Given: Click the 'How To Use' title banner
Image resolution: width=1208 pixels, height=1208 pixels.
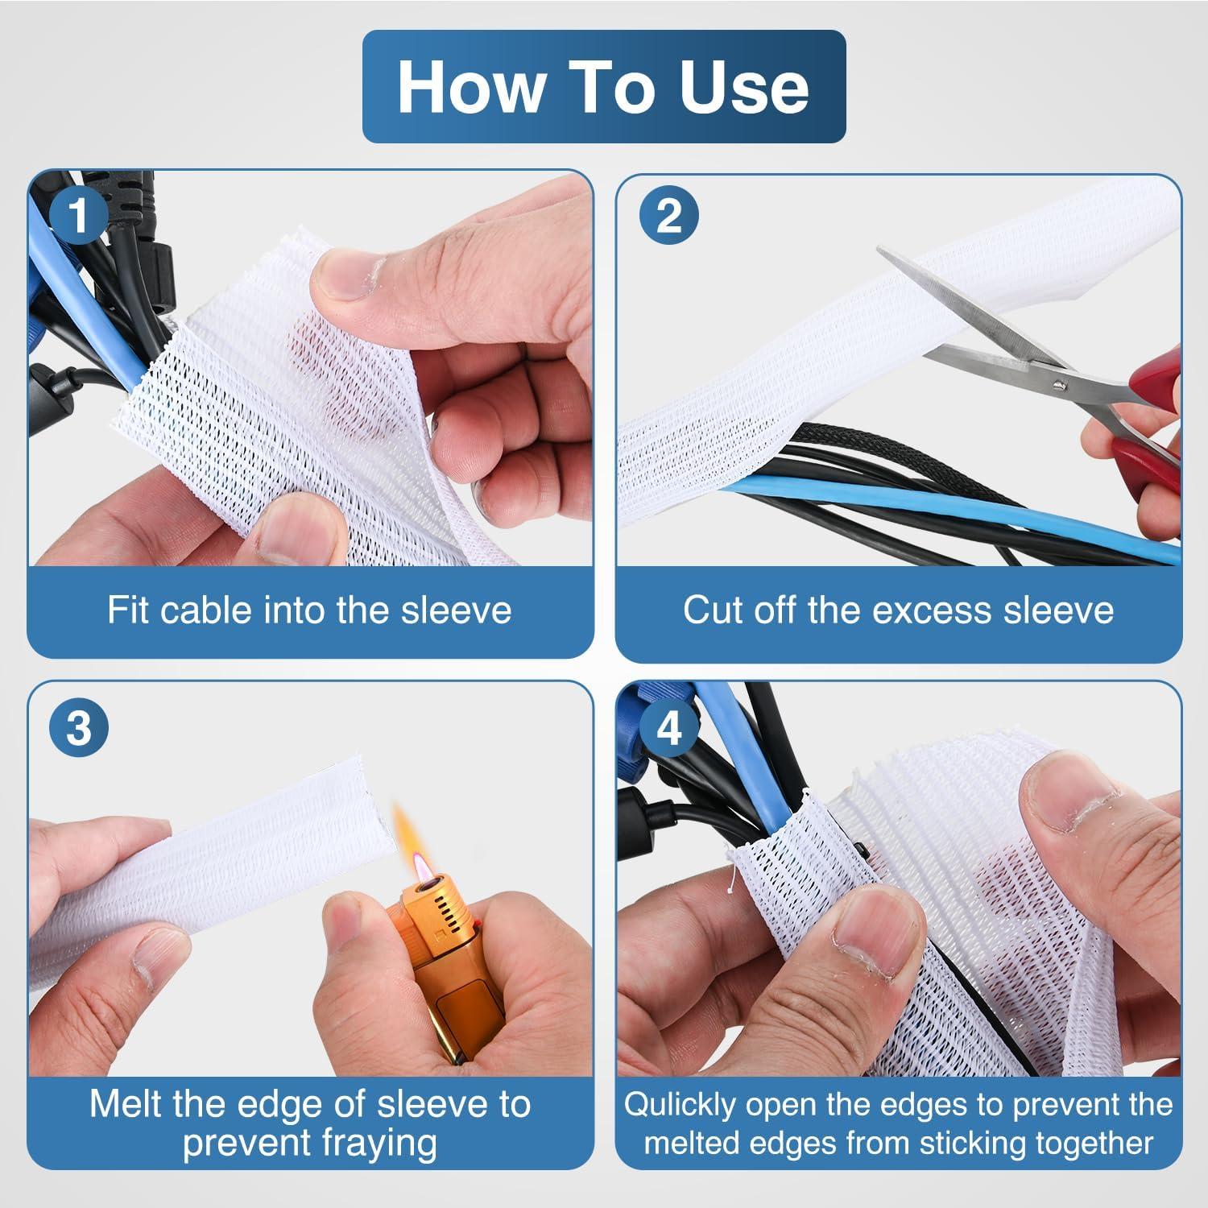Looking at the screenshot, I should pos(604,87).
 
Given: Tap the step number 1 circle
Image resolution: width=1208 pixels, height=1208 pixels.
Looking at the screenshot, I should pos(78,216).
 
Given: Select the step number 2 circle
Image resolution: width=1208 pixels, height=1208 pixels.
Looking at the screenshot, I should pos(668,216).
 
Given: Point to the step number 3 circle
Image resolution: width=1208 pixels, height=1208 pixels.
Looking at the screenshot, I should pos(78,728).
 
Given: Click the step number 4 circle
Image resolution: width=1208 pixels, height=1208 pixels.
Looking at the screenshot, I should pos(668,728).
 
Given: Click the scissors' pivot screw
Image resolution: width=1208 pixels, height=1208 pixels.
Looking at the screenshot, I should pos(1061,385).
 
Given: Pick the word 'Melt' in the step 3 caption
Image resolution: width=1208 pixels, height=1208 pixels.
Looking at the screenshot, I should pos(125,1104).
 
